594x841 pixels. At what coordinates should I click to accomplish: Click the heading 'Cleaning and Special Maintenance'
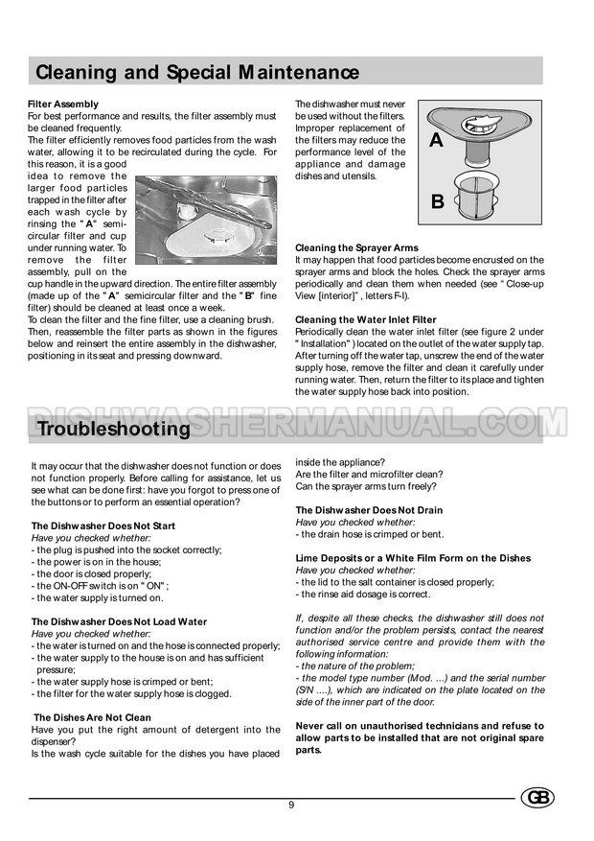(197, 73)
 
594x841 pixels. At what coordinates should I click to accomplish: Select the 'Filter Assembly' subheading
(63, 104)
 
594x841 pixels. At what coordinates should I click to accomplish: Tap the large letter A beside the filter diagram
(436, 141)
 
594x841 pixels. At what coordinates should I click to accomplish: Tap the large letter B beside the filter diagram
(437, 201)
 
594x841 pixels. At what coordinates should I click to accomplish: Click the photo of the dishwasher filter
(206, 220)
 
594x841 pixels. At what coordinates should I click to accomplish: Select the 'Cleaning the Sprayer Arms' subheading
(356, 248)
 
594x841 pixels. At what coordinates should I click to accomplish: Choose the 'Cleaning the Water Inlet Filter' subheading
(366, 319)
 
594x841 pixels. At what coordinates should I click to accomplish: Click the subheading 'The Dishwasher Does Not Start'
(103, 526)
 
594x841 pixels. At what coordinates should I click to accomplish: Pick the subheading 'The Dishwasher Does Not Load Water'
(119, 621)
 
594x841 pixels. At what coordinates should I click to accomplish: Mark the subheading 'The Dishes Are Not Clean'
(93, 716)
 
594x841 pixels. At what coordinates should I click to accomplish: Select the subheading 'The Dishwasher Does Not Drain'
(369, 510)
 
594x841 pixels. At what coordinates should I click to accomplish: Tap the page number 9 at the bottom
(291, 804)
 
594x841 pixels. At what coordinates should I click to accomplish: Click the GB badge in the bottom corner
(537, 798)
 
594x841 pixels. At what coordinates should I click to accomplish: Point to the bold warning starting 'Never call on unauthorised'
(420, 737)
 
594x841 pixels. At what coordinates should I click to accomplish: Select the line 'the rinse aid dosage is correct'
(365, 594)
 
